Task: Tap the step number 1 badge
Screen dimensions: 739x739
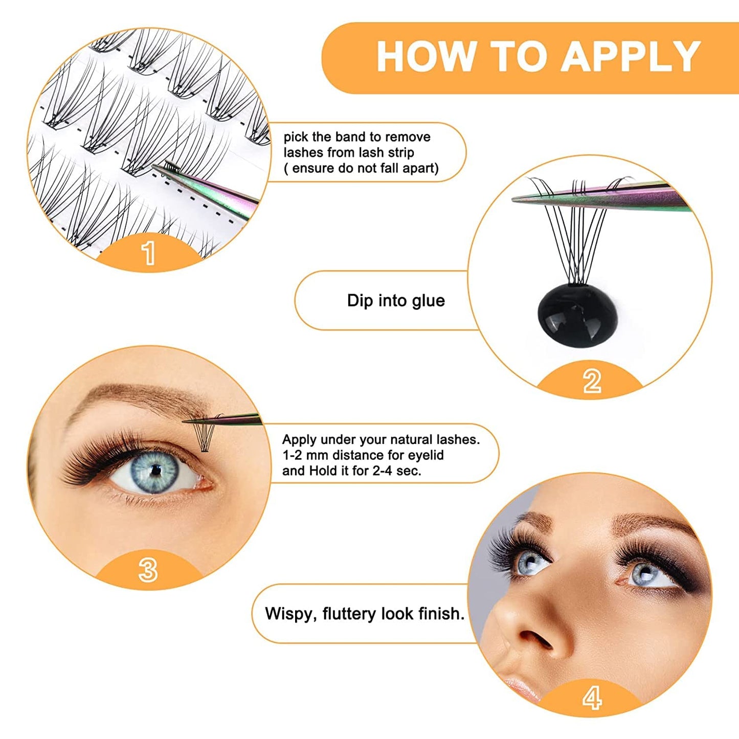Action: coord(148,253)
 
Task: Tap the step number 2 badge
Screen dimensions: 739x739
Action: coord(592,381)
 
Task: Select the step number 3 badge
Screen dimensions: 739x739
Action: coord(148,570)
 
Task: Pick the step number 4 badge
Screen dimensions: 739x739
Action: coord(592,698)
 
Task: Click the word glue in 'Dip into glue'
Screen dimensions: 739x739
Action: coord(428,301)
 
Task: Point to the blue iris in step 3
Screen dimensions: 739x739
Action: coord(155,471)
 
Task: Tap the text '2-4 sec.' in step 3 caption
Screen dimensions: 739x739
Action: coord(397,471)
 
